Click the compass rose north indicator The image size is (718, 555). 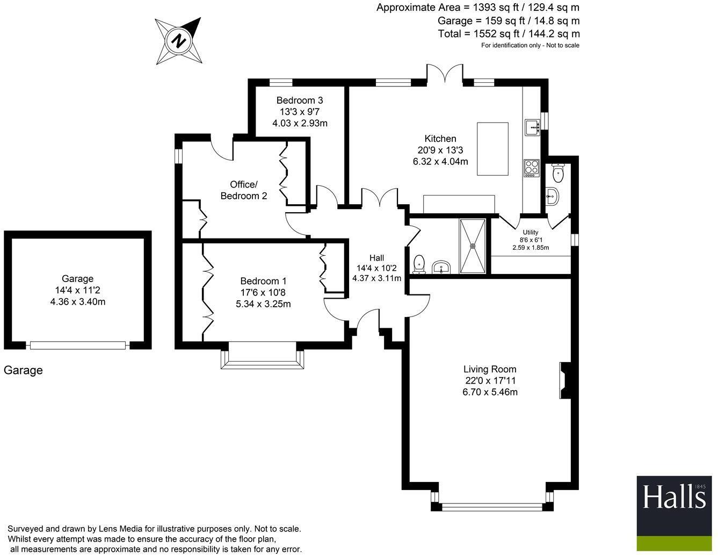[179, 41]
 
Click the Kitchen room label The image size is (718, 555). [440, 139]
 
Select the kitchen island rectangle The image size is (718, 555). [492, 149]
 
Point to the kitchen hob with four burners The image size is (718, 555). [531, 168]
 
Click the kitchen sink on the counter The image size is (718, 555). [532, 127]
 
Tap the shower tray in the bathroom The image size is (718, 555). [473, 246]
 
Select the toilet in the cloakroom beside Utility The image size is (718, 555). [559, 172]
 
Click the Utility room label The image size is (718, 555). [530, 233]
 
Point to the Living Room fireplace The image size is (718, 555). [565, 381]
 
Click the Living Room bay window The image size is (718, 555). [491, 506]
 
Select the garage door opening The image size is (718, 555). [78, 345]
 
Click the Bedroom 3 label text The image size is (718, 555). [300, 100]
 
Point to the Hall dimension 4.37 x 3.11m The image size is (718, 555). [376, 278]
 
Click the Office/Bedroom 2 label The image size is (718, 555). [243, 190]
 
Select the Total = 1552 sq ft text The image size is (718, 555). [509, 34]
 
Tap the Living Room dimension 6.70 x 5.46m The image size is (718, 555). [490, 392]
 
